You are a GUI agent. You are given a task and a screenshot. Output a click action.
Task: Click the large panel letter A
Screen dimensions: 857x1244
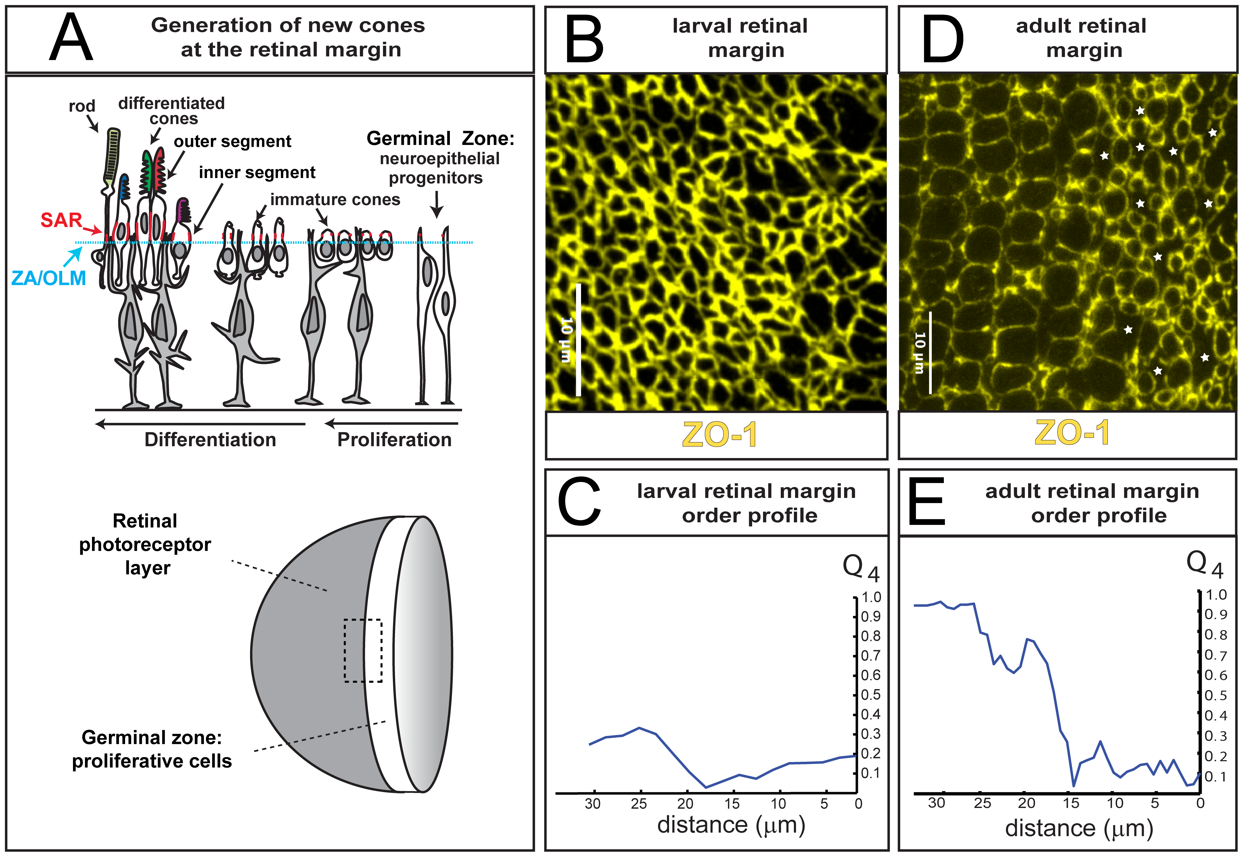pos(71,38)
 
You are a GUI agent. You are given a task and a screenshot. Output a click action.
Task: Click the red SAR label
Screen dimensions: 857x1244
pos(61,220)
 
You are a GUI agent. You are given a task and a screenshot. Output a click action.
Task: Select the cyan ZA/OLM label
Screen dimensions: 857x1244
pos(48,278)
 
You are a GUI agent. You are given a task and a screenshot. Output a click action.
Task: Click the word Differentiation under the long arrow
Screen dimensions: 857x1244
pos(210,440)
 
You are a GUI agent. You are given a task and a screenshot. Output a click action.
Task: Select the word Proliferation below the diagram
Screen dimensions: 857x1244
pos(394,440)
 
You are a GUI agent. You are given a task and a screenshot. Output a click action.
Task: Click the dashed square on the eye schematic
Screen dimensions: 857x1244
pos(363,650)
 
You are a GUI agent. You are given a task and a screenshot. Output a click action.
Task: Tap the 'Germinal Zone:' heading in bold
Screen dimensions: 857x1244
pos(440,139)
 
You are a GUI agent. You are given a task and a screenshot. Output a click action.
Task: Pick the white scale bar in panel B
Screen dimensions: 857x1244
pos(578,340)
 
